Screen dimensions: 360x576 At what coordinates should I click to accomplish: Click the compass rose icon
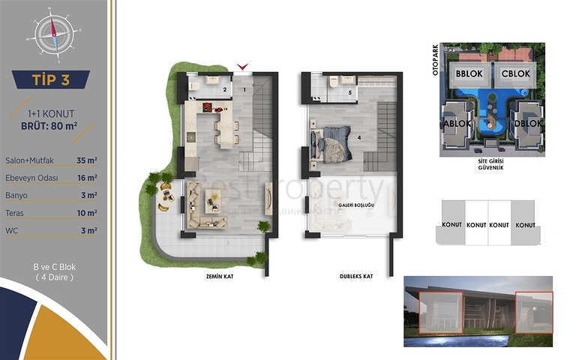53,31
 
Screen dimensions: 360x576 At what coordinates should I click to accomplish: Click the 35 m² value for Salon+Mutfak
88,160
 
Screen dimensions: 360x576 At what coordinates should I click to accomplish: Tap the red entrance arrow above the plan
241,68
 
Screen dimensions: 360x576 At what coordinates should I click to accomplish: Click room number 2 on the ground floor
224,90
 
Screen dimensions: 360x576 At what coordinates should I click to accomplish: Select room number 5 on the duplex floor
349,93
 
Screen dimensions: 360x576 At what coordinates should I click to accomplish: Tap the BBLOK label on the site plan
469,74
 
